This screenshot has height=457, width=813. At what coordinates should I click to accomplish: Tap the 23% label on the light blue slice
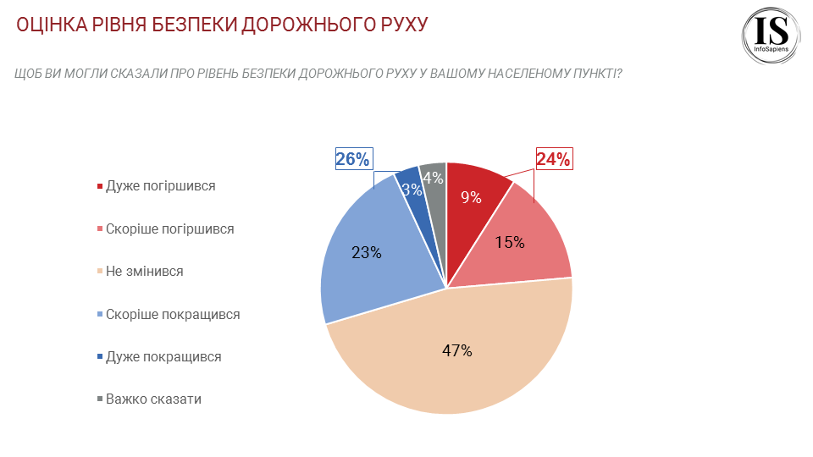tap(366, 251)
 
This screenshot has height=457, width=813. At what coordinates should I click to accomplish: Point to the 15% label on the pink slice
tap(510, 242)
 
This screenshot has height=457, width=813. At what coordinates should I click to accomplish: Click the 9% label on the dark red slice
tap(471, 198)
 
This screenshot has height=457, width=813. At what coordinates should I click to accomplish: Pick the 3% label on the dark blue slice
tap(412, 190)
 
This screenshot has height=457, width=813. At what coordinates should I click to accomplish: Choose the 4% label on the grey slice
tap(434, 178)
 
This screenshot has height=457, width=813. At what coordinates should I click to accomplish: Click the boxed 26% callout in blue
tap(353, 159)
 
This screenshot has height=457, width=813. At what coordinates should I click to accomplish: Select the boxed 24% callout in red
tap(554, 159)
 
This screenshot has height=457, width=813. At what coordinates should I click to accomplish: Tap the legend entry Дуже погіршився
tap(160, 186)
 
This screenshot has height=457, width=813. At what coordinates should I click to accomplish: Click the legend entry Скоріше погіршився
tap(169, 228)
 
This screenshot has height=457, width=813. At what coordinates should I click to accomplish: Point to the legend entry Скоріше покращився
tap(173, 314)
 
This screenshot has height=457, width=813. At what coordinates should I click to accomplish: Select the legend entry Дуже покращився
tap(163, 356)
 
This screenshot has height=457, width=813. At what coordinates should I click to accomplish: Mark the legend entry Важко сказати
tap(153, 399)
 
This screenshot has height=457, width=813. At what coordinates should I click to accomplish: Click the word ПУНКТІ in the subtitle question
tap(588, 74)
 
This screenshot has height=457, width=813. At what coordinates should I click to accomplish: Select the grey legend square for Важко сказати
tap(100, 399)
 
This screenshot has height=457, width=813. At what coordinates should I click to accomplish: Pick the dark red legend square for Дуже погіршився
tap(100, 186)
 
